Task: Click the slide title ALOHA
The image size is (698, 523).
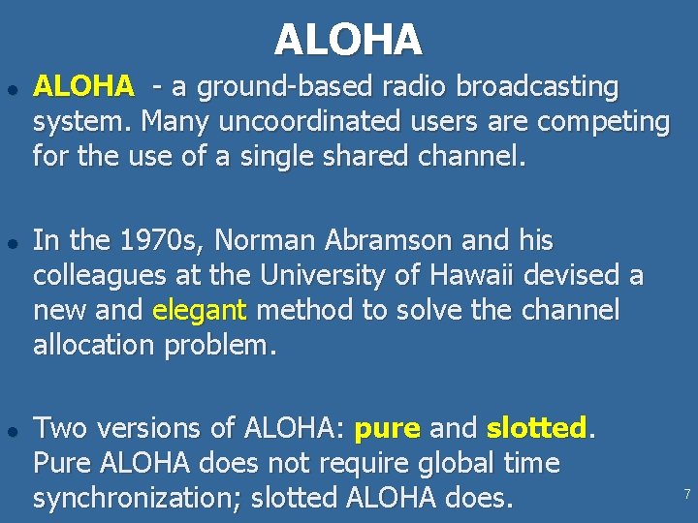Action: (x=348, y=40)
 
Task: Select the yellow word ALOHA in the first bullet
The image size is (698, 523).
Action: (x=83, y=87)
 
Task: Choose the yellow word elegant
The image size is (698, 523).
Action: (x=201, y=310)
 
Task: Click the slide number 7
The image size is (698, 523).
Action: (x=686, y=494)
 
